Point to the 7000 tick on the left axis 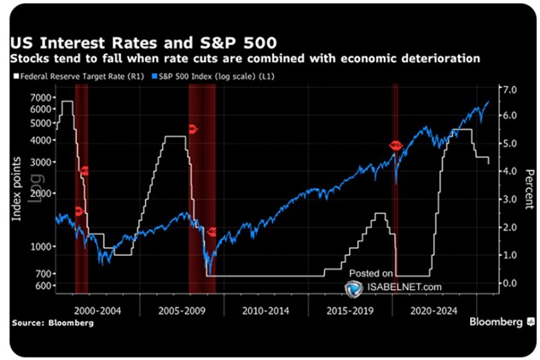pos(40,97)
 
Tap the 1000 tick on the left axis pos(40,247)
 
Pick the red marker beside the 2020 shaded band pos(396,146)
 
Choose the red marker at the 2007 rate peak pos(192,129)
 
